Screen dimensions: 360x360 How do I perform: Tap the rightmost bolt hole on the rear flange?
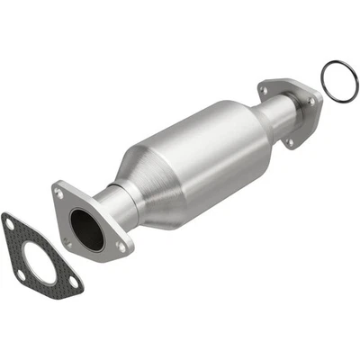(x=312, y=102)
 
